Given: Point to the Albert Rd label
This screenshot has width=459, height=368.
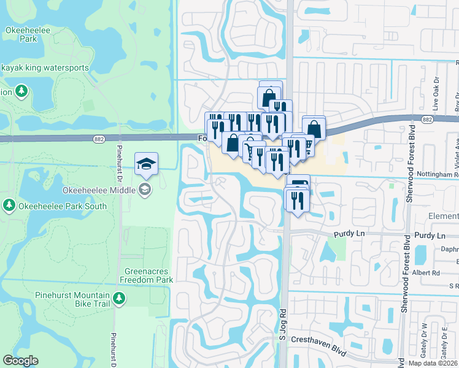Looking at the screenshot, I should [429, 273].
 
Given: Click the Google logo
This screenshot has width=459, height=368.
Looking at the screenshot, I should [20, 361].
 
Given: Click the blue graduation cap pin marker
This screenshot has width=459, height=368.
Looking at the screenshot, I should [146, 164].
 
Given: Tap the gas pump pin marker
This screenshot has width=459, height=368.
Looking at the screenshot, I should [299, 185].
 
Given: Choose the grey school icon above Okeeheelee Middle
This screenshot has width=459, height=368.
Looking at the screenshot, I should [145, 188].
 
